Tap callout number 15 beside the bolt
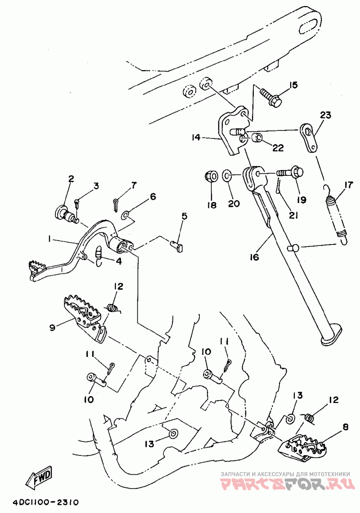[x=293, y=86]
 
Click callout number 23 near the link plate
[x=325, y=115]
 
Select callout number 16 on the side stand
[x=254, y=257]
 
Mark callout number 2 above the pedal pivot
[x=71, y=179]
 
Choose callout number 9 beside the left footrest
[x=52, y=327]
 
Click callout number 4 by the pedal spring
[x=118, y=261]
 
